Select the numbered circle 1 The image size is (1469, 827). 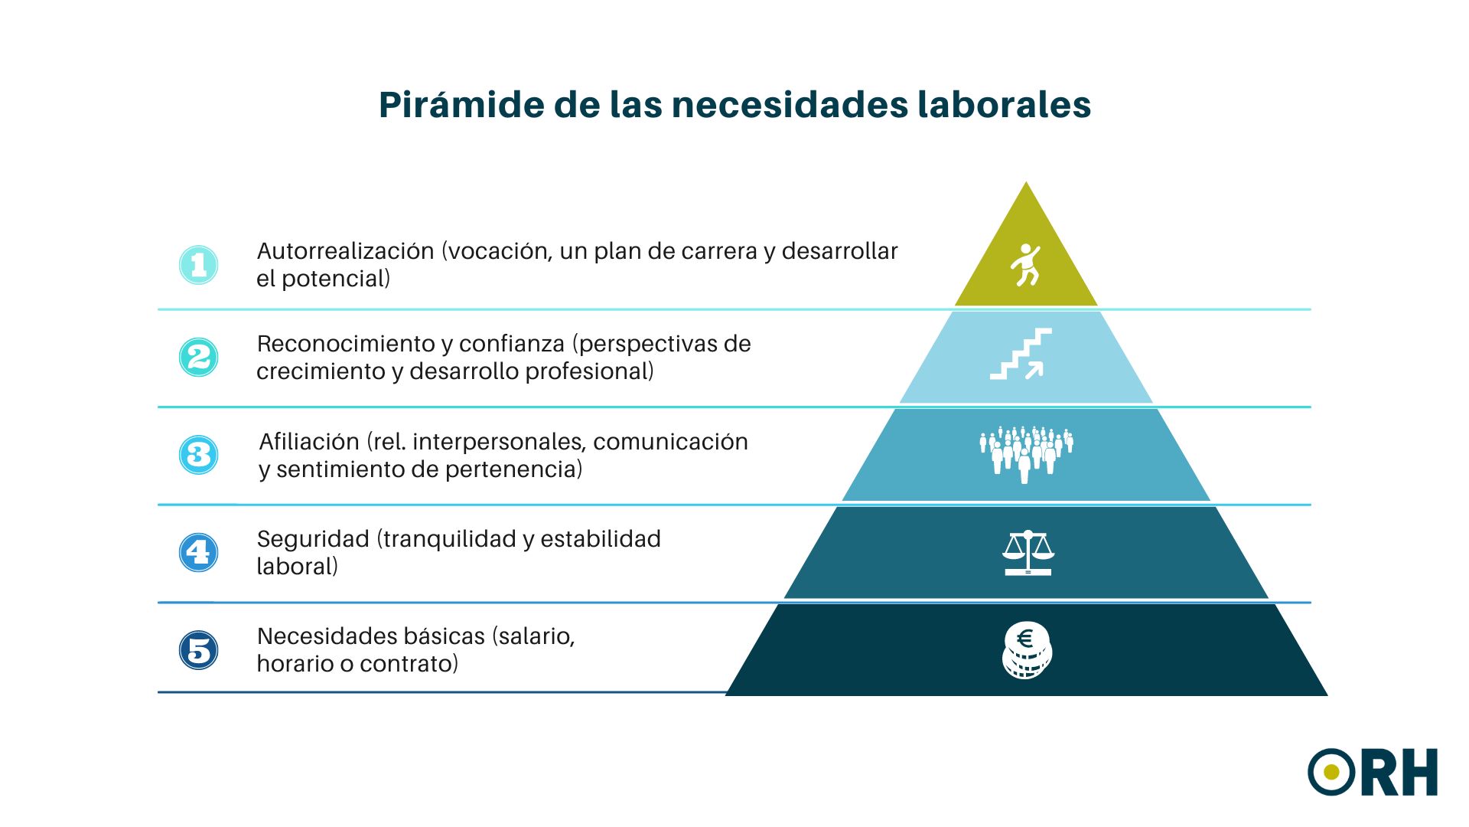[x=199, y=265]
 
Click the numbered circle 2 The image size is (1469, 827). [x=199, y=358]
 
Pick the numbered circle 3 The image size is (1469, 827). [x=199, y=455]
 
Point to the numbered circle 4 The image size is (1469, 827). [x=199, y=552]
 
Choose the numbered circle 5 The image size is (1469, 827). [x=199, y=650]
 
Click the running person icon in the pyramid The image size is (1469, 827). [x=1025, y=265]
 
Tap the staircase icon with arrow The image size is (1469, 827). [x=1021, y=354]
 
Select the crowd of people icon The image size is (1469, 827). [x=1026, y=454]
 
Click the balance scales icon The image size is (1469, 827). [x=1028, y=552]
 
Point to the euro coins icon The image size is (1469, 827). [x=1027, y=650]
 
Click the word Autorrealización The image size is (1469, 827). [x=345, y=251]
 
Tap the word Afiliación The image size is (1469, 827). [x=309, y=442]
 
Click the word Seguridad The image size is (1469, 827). [x=313, y=539]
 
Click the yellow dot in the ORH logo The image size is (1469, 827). [x=1332, y=772]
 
